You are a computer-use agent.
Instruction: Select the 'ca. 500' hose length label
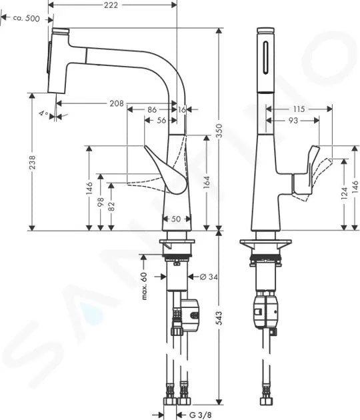26,19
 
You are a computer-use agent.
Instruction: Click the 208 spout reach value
116,103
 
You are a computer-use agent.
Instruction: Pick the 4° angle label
43,115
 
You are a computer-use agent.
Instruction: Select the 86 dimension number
152,109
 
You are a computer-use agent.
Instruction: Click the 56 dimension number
161,121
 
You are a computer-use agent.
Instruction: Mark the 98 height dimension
100,201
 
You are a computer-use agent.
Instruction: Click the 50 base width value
177,219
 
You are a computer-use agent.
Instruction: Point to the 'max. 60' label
143,285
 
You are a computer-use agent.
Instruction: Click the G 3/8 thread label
199,415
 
